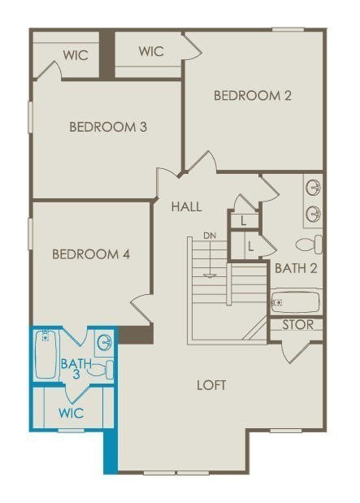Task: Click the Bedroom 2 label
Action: pos(252,96)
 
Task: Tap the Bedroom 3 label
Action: pos(107,127)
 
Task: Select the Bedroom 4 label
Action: pos(91,254)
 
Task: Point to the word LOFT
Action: pos(211,384)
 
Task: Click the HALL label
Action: pos(186,207)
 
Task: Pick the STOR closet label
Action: pos(297,325)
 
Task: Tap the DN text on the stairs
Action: pos(210,236)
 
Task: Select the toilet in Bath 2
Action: pos(310,244)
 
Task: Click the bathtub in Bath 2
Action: pos(295,302)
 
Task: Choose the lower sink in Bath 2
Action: pos(313,214)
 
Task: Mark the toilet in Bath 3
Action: pos(99,371)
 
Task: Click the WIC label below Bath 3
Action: pos(71,413)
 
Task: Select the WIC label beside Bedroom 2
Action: pos(150,51)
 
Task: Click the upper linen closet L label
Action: pos(244,220)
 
